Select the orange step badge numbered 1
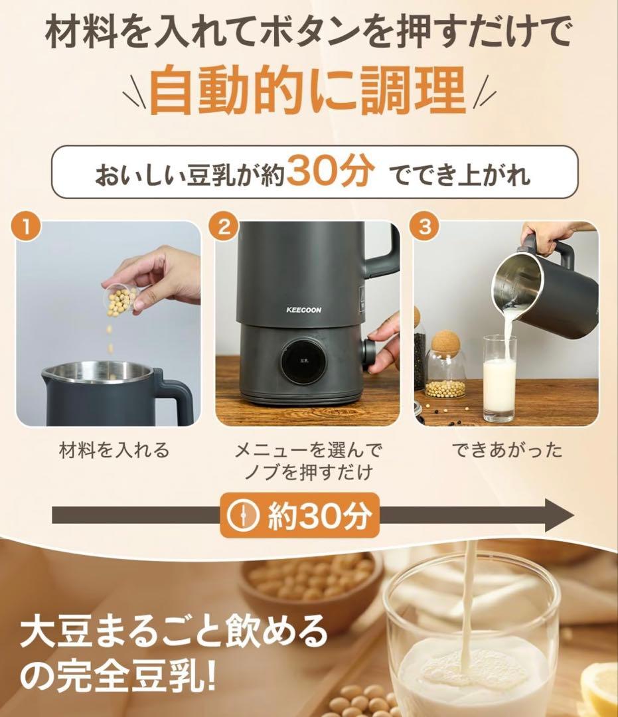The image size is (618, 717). coord(25,228)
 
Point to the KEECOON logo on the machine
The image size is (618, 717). coord(303,309)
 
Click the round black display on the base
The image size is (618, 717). coord(301,362)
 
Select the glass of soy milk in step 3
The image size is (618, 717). coord(499,377)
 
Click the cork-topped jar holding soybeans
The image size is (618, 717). coord(445,367)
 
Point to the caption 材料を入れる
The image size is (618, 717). coord(114,451)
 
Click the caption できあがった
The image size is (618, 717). coord(507,451)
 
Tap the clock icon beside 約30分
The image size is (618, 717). coord(244,515)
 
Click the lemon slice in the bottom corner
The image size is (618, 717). coord(600,690)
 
